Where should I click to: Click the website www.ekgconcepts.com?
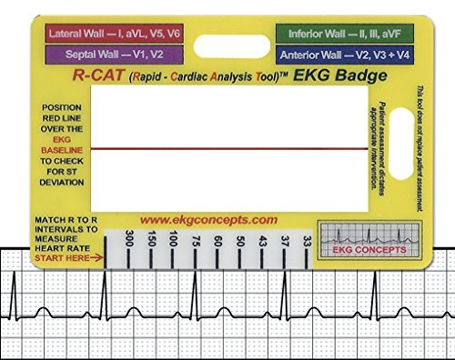[208, 220]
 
